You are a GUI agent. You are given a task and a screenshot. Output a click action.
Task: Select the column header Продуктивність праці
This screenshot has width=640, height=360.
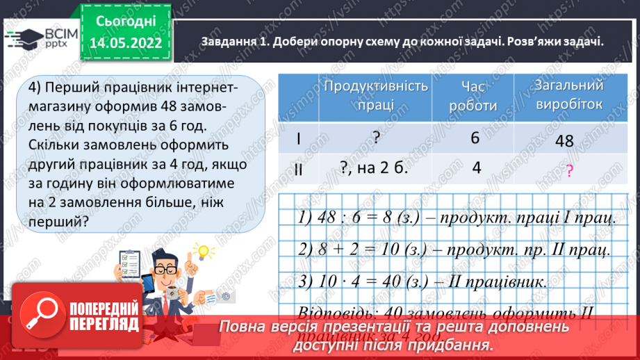[376, 95]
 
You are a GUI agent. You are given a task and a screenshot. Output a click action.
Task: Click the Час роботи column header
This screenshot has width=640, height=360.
[475, 95]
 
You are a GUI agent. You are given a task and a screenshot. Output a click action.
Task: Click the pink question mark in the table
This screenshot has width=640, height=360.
[570, 172]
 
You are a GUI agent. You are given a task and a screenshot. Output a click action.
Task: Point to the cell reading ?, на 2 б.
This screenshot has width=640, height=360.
[375, 168]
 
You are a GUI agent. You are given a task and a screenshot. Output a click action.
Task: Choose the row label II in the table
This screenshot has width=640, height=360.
[299, 168]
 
